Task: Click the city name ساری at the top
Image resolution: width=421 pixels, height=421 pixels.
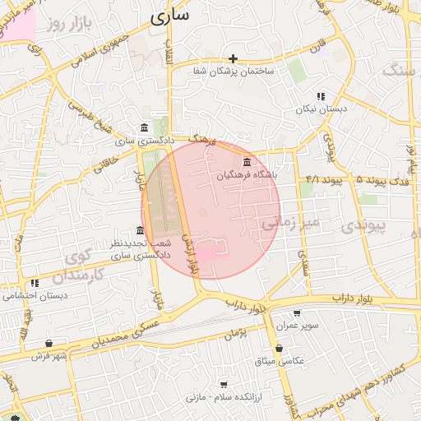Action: click(x=170, y=14)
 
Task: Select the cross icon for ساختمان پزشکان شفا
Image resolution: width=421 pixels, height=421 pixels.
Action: click(x=234, y=58)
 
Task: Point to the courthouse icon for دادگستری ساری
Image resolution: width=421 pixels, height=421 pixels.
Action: click(x=145, y=127)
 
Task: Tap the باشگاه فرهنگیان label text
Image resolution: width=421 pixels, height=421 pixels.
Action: click(x=248, y=175)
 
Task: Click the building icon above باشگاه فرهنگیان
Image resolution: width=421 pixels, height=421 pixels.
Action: click(x=247, y=161)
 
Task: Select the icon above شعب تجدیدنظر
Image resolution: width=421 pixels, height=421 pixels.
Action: click(x=140, y=231)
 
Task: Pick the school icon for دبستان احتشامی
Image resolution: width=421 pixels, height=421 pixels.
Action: click(x=35, y=283)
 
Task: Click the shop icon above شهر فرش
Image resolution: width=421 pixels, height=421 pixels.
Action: click(x=49, y=343)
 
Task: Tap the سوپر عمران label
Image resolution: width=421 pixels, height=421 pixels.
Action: click(x=297, y=326)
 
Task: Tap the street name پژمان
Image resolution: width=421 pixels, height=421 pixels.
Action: click(x=234, y=333)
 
